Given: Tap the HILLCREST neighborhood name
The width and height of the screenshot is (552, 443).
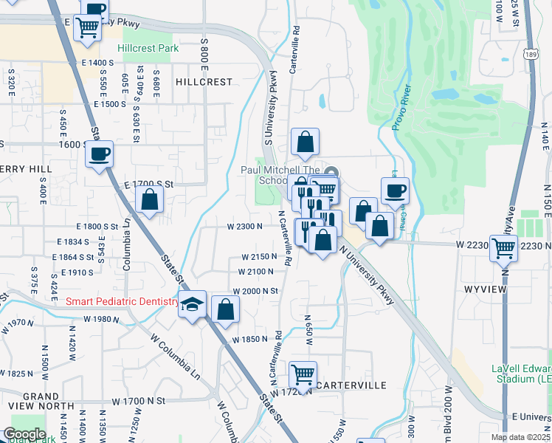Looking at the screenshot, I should click(204, 82).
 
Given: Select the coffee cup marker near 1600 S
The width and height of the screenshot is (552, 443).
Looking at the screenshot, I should click(99, 154).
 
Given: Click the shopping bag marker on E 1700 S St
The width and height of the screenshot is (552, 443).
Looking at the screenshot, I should click(150, 199).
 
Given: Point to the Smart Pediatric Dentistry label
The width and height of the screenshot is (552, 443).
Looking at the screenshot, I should click(121, 301).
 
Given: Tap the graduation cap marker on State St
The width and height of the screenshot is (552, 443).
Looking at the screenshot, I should click(192, 305).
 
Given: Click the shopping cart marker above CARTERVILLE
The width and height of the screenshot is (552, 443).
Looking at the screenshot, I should click(303, 375).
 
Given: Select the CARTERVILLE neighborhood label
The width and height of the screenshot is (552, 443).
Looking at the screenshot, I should click(351, 385).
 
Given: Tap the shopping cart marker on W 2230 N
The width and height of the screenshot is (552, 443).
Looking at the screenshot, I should click(504, 250).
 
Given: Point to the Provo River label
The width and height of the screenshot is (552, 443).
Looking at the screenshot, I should click(401, 108).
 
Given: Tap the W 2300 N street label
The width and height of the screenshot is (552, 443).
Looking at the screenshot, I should click(245, 227).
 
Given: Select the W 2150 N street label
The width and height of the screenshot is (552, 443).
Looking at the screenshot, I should click(258, 257).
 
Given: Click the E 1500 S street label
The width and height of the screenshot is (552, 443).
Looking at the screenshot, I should click(111, 104).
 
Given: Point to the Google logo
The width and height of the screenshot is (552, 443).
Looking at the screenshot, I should click(24, 433).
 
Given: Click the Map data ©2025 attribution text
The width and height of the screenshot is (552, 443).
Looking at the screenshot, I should click(521, 437).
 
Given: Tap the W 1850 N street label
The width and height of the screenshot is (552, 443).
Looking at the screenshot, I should click(250, 339).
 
